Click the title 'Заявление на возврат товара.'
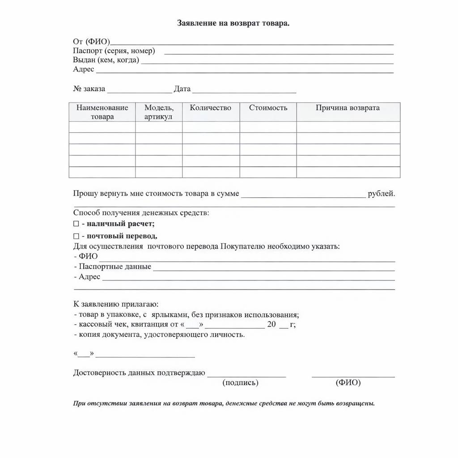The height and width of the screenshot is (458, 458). (x=233, y=23)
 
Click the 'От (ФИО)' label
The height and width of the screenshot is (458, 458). (x=91, y=42)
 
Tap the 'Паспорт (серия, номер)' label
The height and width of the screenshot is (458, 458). (x=114, y=51)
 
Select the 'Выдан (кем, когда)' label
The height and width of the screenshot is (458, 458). (x=106, y=60)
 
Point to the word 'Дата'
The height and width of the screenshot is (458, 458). (x=182, y=89)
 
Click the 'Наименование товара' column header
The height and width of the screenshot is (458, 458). (x=102, y=112)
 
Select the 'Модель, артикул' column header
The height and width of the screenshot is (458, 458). (x=159, y=112)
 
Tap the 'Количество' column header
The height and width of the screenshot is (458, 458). (x=210, y=108)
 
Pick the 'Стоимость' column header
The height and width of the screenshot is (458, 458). (x=268, y=108)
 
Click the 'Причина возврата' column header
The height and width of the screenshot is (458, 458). (x=348, y=108)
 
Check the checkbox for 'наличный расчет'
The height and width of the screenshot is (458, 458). (x=76, y=224)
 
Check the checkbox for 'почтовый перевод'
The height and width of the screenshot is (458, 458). (x=76, y=236)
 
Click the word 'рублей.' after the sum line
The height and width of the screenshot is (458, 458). (x=381, y=194)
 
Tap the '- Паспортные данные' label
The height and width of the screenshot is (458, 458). (x=112, y=267)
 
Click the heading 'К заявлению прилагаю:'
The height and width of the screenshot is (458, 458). (x=115, y=304)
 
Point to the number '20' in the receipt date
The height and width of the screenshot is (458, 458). (x=271, y=324)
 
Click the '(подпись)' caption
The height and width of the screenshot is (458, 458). (x=240, y=383)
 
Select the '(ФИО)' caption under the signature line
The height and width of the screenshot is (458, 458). (x=348, y=383)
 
